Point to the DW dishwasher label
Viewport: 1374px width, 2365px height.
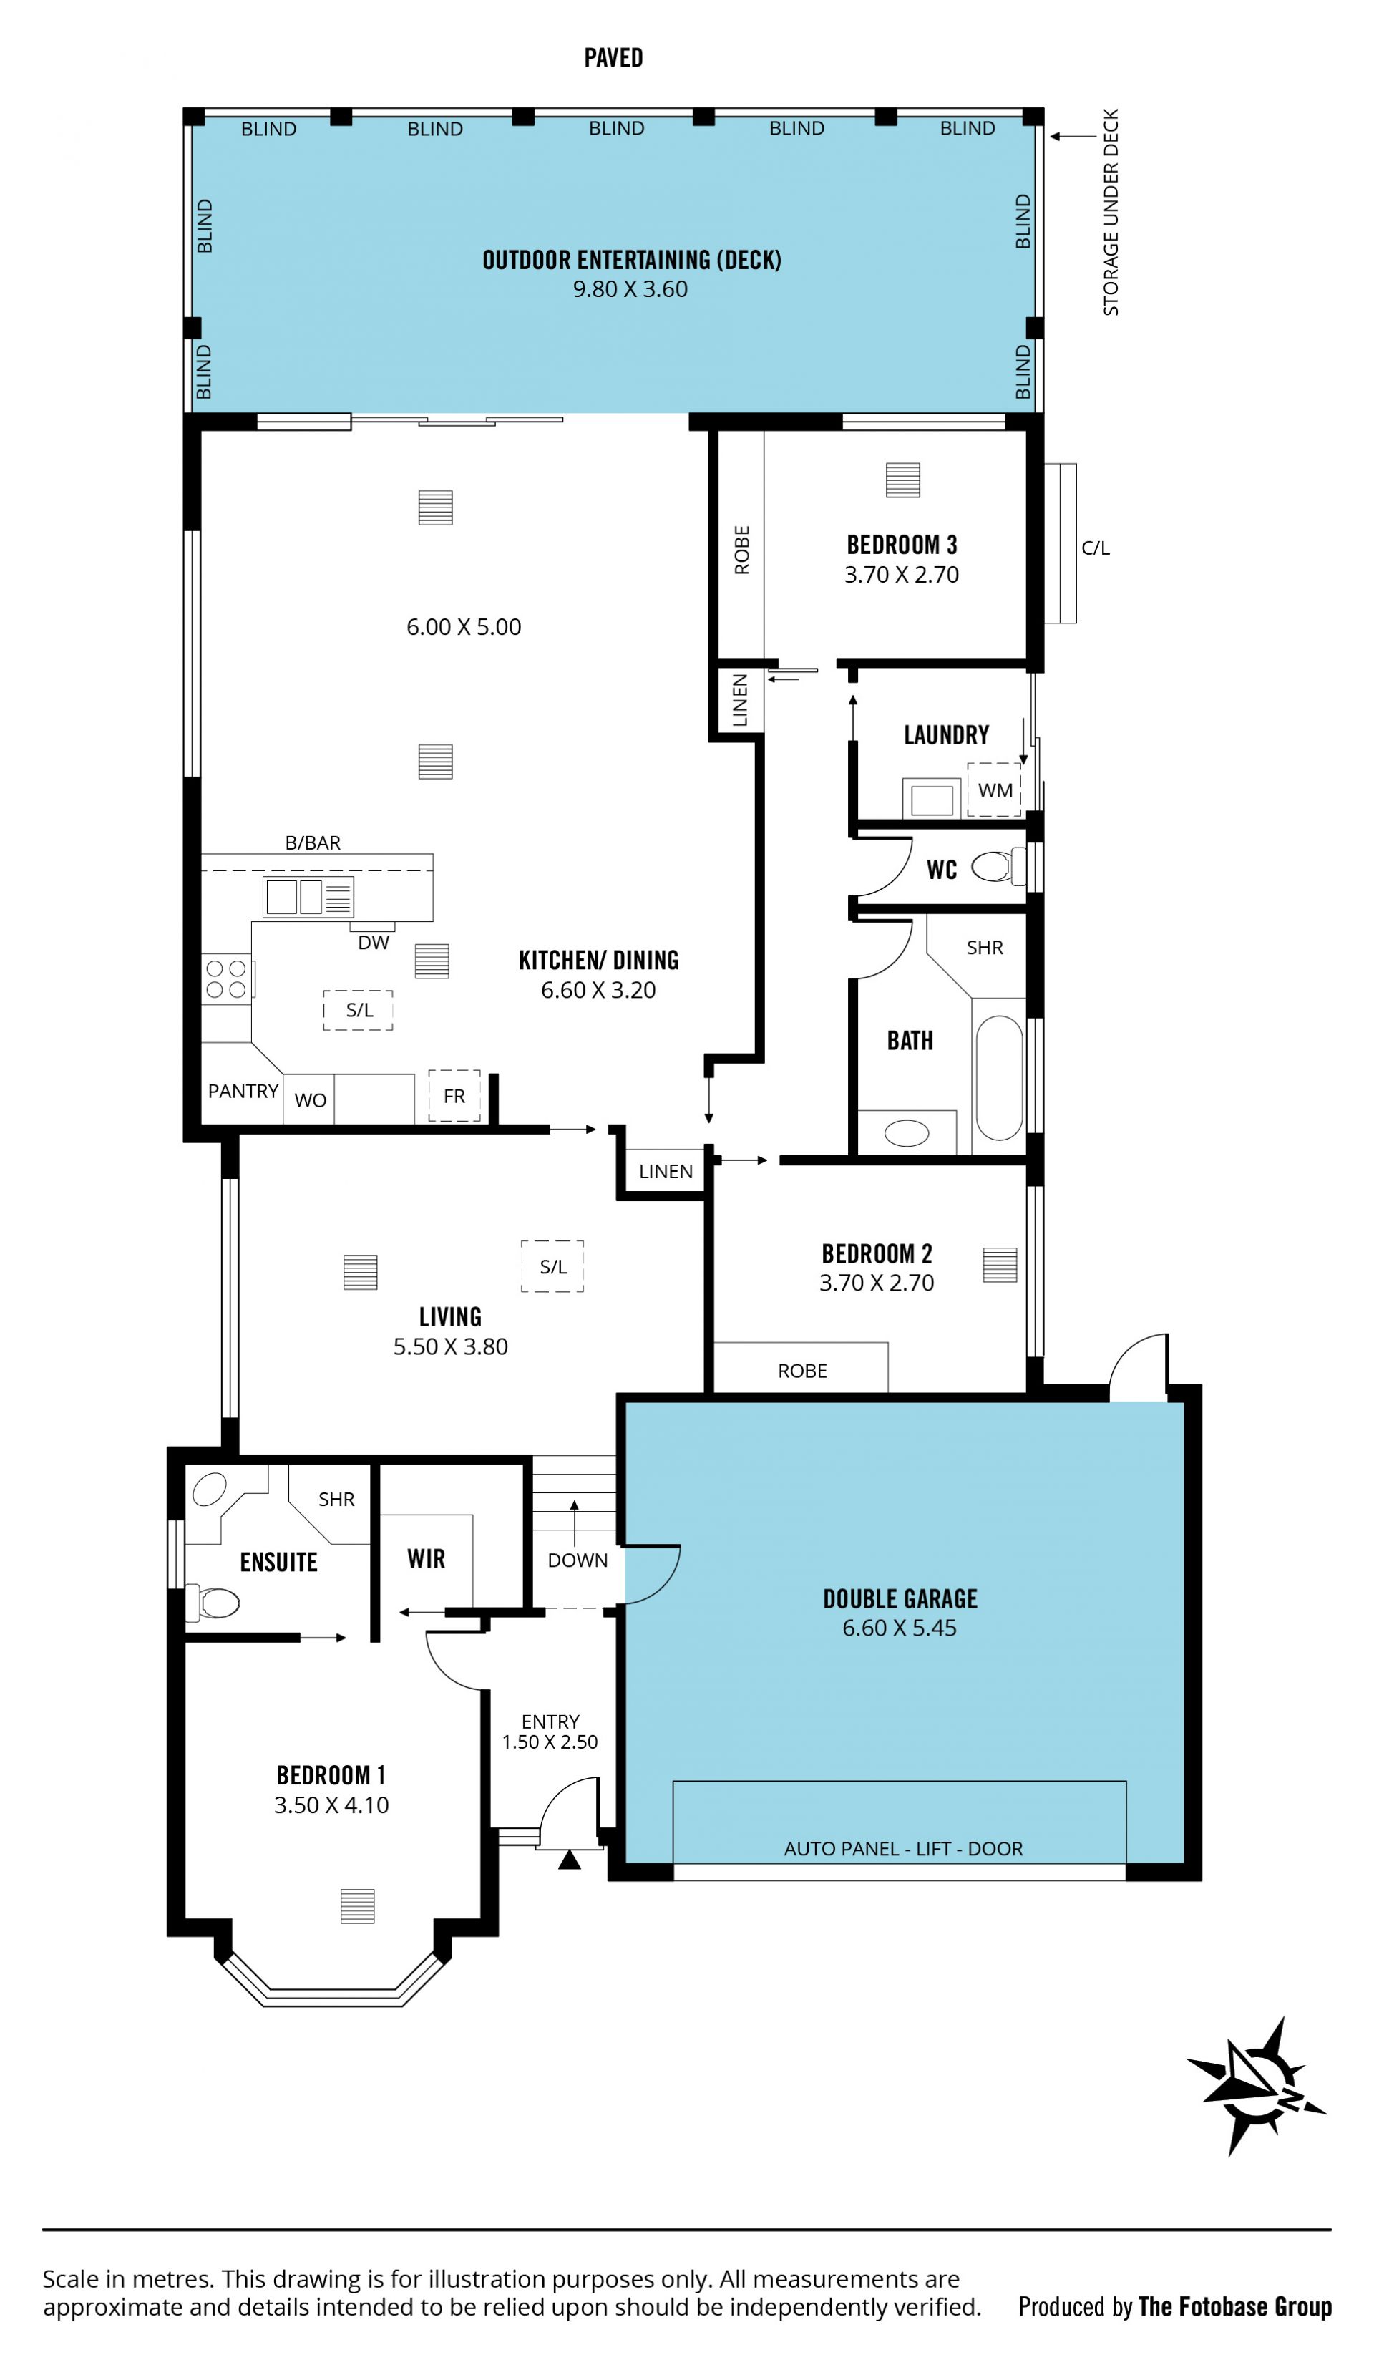point(373,942)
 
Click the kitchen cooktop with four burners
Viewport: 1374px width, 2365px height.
point(226,978)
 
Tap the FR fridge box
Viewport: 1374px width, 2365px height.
point(454,1095)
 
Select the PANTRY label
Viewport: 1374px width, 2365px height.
point(243,1091)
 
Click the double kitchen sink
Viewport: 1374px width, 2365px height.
point(308,896)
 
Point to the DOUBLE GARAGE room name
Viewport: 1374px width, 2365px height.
point(900,1598)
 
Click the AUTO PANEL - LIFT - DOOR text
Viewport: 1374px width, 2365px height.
point(903,1848)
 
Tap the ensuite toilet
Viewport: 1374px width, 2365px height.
point(213,1603)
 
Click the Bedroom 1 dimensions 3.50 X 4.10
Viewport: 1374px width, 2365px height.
point(331,1804)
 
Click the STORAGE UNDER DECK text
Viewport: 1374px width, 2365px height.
point(1111,212)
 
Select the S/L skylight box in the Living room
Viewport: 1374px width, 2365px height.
point(552,1266)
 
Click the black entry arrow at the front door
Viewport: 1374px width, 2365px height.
point(569,1859)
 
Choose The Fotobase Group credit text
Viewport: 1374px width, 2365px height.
point(1235,2306)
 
